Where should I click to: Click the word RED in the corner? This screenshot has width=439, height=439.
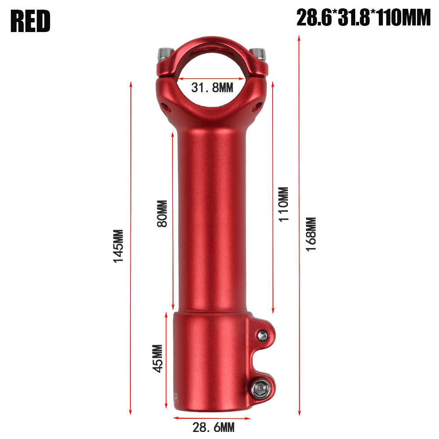31,21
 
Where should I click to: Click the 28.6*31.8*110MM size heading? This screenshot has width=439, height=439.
363,18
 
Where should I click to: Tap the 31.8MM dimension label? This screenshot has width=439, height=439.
212,88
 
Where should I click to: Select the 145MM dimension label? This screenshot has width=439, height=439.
119,246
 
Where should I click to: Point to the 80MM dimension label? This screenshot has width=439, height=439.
162,214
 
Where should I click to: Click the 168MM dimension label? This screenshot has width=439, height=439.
311,234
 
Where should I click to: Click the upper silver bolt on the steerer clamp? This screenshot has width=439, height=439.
263,336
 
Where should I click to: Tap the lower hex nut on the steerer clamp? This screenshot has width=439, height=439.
259,387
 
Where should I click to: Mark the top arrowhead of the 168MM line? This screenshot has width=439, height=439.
299,39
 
